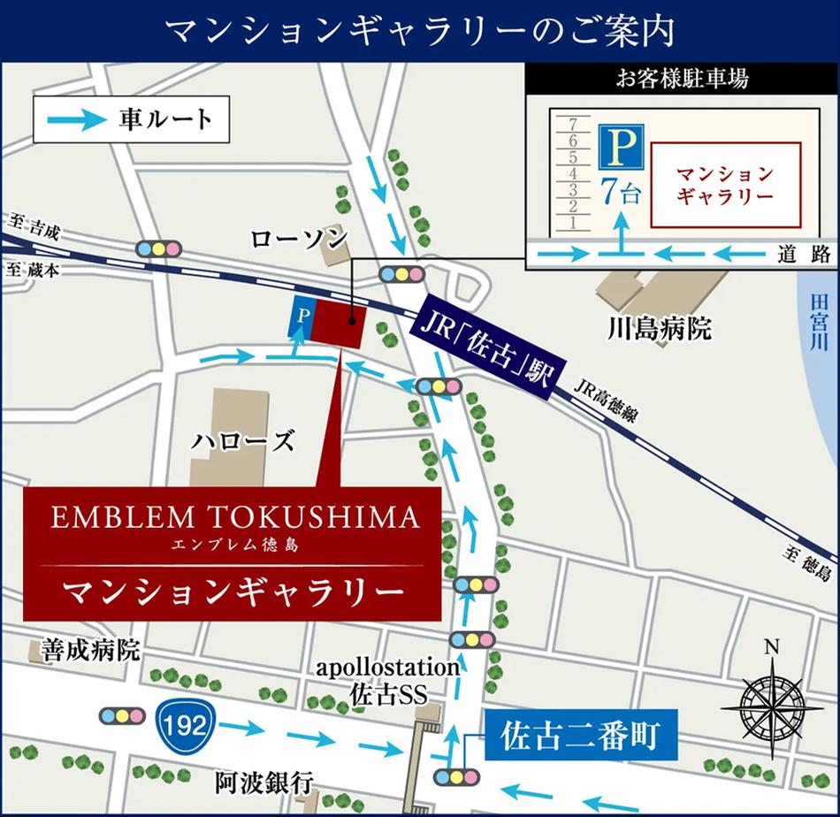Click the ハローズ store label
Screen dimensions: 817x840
point(243,440)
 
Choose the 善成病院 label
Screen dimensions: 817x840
point(90,652)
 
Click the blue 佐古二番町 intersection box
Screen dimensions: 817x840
point(580,736)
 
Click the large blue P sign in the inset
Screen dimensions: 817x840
point(621,146)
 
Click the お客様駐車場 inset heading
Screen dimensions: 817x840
point(682,78)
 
